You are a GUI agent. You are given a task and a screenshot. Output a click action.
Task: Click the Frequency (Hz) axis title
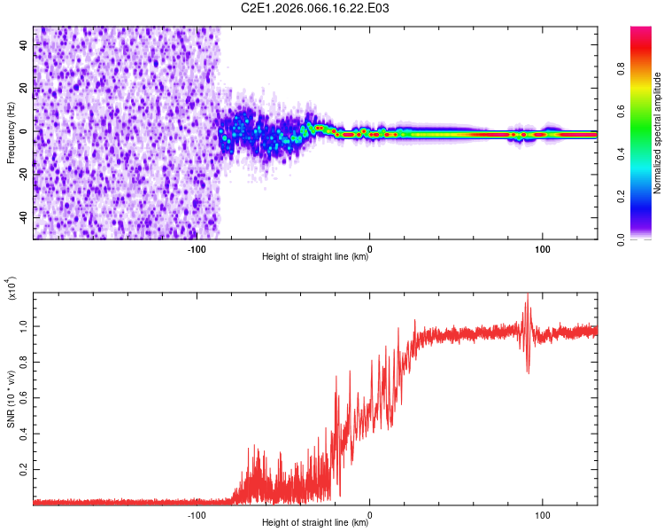coord(12,133)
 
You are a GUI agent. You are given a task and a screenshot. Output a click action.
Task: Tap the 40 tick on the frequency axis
coord(24,44)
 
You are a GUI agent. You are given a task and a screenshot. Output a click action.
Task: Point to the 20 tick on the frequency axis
coord(24,88)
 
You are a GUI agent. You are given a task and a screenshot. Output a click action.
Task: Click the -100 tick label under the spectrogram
coord(197,248)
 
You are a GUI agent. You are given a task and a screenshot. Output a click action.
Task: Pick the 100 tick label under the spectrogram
coord(542,248)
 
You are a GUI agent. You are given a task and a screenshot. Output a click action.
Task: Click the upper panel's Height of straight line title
coord(315,257)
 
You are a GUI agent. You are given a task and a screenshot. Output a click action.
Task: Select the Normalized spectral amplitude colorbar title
coord(658,133)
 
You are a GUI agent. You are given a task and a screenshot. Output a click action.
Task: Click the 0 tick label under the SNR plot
coord(369,514)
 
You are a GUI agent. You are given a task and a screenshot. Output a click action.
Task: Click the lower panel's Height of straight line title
coord(315,523)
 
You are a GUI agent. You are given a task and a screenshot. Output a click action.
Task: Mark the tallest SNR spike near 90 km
coord(528,295)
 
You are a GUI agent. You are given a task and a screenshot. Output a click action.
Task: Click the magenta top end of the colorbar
coord(641,31)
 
